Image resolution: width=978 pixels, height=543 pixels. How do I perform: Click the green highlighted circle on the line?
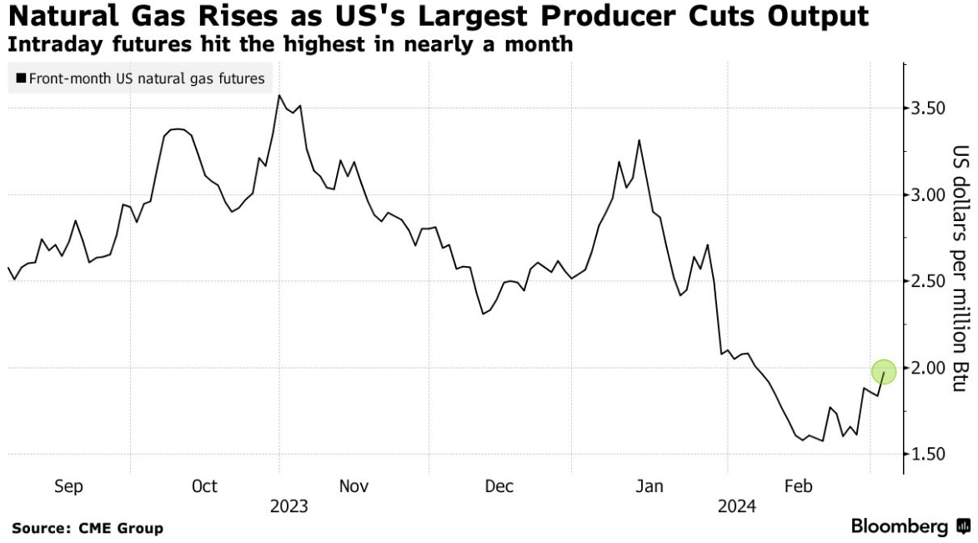click(884, 372)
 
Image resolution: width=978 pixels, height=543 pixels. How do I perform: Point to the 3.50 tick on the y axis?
click(927, 108)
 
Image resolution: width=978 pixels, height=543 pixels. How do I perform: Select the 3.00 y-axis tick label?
click(927, 195)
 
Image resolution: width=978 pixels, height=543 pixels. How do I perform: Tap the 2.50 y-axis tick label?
click(927, 281)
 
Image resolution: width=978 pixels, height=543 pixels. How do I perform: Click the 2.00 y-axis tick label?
click(927, 368)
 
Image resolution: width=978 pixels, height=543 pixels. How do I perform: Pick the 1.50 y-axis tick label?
click(927, 454)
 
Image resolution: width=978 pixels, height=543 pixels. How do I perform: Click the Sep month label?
click(68, 486)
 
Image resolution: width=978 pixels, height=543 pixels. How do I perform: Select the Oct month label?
click(204, 486)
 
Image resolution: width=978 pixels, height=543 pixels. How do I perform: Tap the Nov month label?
click(354, 486)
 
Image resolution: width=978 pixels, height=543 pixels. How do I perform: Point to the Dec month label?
click(499, 486)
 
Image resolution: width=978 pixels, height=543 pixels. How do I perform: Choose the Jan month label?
click(649, 486)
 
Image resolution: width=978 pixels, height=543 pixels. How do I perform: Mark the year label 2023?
click(288, 506)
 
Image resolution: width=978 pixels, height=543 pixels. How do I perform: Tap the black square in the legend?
click(21, 79)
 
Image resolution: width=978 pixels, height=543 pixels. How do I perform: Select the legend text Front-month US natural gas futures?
click(146, 79)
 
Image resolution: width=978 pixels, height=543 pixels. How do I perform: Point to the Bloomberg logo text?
click(900, 526)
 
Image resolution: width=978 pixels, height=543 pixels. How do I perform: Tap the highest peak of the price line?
click(278, 95)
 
